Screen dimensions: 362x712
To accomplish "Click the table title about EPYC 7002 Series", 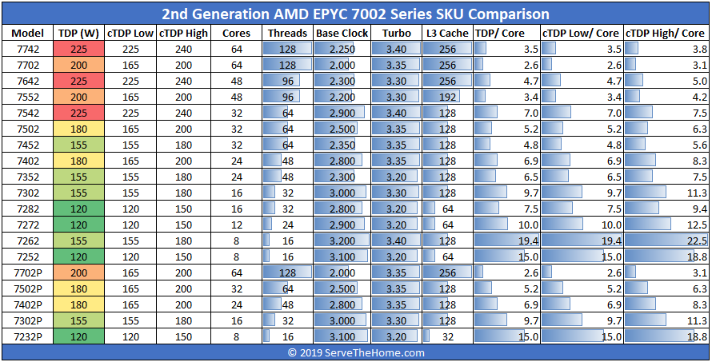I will tap(356, 14).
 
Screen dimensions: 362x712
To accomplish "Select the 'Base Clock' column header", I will tap(342, 33).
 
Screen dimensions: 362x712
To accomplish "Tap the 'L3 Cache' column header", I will tap(447, 33).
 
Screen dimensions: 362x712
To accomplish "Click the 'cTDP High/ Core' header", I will tap(666, 33).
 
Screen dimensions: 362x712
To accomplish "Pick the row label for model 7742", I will tap(28, 49).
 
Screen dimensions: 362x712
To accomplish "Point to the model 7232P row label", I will tap(28, 336).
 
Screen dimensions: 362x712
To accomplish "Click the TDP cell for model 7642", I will tap(78, 81).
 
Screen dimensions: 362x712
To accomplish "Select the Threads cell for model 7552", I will tap(287, 97).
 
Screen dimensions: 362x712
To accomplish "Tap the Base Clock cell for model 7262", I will tap(342, 241).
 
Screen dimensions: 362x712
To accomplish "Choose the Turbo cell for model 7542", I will tap(398, 113).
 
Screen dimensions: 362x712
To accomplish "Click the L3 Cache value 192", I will tap(447, 97).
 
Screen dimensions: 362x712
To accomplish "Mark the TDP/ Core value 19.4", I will tap(506, 241).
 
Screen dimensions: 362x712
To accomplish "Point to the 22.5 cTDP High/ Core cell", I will tap(666, 241).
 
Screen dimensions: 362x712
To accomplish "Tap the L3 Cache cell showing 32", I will tap(447, 336).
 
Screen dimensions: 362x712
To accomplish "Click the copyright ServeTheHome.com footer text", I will tap(356, 352).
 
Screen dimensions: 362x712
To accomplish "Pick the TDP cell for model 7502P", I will tap(78, 288).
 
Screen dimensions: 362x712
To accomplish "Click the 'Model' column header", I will tap(28, 33).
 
